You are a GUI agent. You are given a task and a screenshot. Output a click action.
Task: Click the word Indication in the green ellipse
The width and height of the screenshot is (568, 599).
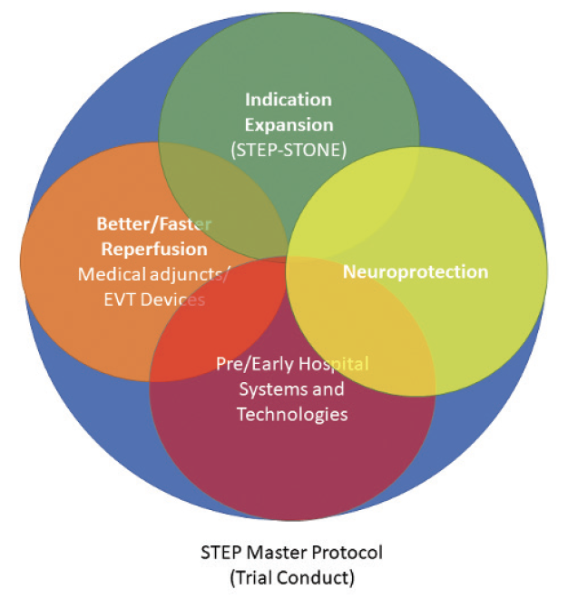click(289, 100)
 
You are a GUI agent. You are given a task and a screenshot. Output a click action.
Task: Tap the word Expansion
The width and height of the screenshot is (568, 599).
click(289, 124)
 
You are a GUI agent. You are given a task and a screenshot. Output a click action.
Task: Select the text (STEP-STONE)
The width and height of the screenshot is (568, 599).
click(289, 149)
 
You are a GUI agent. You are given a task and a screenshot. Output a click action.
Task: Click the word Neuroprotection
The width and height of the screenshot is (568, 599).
click(415, 271)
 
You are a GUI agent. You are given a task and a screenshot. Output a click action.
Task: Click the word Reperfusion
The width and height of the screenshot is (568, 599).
click(154, 249)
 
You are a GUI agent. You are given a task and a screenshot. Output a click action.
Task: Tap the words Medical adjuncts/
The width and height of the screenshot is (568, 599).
click(153, 274)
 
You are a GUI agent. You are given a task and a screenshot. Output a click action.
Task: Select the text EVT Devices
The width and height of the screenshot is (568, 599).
click(153, 299)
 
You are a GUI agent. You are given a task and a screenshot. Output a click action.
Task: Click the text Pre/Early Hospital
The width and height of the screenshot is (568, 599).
click(292, 364)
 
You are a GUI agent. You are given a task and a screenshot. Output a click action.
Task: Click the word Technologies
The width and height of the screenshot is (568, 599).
click(292, 415)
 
